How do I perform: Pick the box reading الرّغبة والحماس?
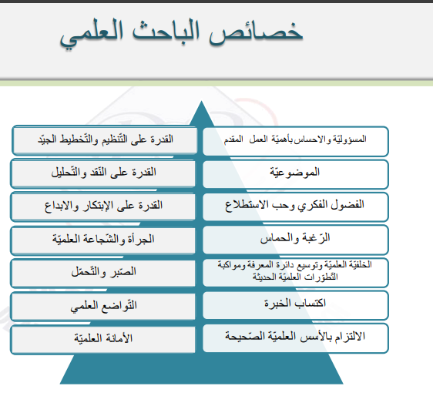296,238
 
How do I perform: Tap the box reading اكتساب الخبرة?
296,304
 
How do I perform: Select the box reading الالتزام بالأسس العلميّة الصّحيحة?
296,337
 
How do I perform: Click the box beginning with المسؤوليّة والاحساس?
296,139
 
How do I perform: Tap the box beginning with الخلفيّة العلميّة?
296,270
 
